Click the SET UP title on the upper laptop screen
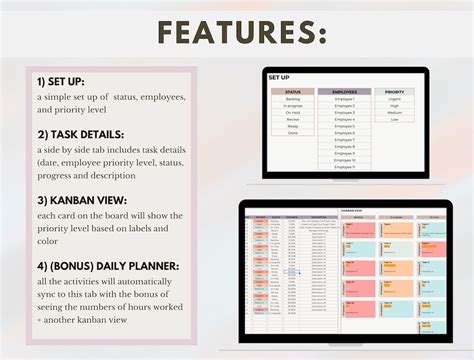(280, 76)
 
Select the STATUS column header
(292, 91)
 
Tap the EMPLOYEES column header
(344, 91)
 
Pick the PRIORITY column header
(395, 91)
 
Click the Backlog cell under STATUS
(292, 99)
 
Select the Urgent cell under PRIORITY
(395, 99)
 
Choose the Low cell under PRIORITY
(395, 120)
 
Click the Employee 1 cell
(344, 99)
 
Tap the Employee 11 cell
(344, 166)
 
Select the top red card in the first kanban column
(357, 229)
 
